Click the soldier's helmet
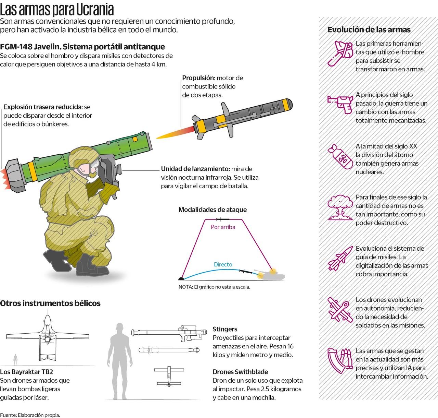(83, 157)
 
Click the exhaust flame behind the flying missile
(176, 133)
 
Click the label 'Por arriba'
(223, 227)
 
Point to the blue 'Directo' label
(223, 264)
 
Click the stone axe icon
(340, 53)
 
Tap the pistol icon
(340, 105)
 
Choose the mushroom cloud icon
(340, 207)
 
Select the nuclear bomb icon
(340, 156)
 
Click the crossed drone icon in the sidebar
(340, 310)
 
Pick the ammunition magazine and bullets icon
(340, 361)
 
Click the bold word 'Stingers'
(225, 329)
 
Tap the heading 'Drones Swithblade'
(240, 372)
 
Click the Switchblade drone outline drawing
(169, 376)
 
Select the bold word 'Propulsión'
(198, 78)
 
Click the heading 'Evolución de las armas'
(369, 30)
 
